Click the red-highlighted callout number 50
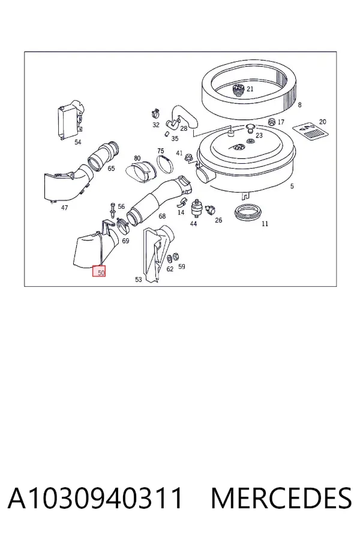coord(101,273)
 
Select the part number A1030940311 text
coord(95,498)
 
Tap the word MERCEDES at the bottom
coord(281,498)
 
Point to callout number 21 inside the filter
coord(250,89)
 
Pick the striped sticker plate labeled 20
coord(310,131)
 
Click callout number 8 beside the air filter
coord(300,104)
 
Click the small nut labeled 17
coord(272,122)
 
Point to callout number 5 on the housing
coord(292,187)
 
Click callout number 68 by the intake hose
coord(162,216)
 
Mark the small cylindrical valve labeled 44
coord(196,208)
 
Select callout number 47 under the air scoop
coord(64,208)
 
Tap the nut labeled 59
coord(175,256)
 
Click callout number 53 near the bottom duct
coord(138,279)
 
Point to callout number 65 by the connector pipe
coord(111,169)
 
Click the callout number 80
coord(137,158)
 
